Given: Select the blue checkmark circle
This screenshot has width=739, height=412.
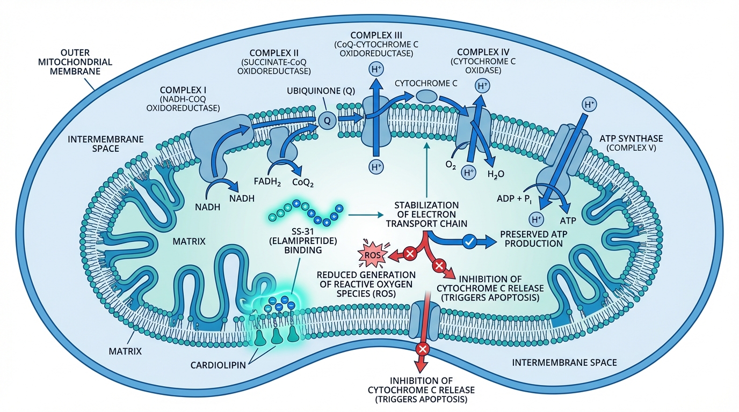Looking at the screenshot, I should [x=468, y=242].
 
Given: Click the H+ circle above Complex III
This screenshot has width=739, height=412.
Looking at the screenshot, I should [x=375, y=70].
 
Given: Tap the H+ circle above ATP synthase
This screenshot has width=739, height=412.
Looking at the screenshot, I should [x=590, y=104].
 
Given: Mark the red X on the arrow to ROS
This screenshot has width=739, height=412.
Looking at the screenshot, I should [x=410, y=253].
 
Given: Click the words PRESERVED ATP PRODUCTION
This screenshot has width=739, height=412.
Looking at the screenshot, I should [x=531, y=239].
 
